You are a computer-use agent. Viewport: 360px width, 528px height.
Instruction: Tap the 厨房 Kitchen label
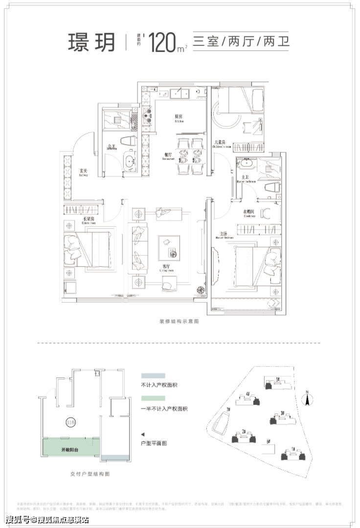[x=179, y=118]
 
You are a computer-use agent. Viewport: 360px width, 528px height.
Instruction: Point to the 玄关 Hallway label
[x=83, y=172]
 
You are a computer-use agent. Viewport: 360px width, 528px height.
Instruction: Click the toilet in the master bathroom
[x=271, y=187]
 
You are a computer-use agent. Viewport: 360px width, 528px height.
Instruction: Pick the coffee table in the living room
[x=169, y=246]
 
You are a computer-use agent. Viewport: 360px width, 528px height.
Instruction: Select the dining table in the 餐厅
[x=190, y=155]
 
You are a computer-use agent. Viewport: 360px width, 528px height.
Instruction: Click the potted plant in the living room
[x=201, y=289]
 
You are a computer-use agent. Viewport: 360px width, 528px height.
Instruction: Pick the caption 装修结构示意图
[x=179, y=322]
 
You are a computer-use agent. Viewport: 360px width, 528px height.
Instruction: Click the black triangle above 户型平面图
[x=142, y=434]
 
